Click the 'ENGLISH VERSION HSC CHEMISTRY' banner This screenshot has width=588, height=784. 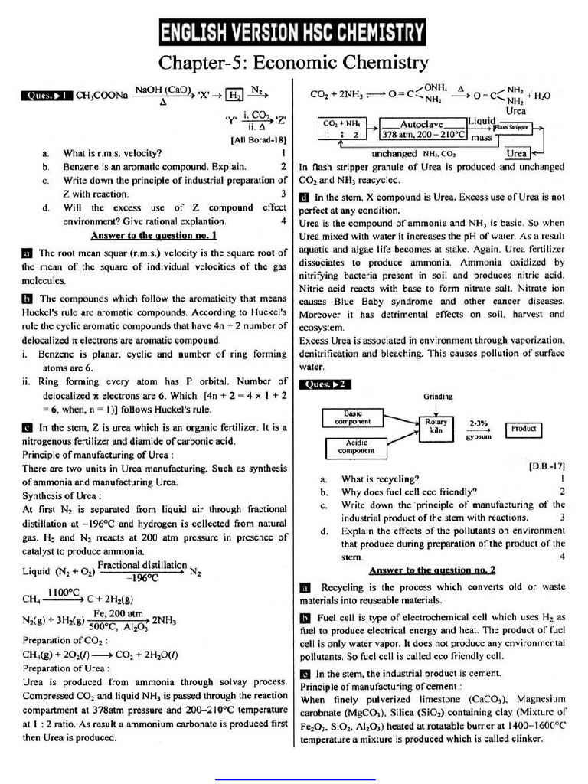[x=293, y=33]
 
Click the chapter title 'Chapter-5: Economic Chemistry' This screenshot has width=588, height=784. [x=293, y=61]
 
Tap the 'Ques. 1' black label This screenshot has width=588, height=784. [x=47, y=96]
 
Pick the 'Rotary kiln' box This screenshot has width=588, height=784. [x=433, y=426]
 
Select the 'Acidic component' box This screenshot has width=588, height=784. [x=356, y=446]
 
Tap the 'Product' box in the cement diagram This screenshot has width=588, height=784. [x=524, y=429]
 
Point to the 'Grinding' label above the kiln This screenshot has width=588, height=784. [x=437, y=397]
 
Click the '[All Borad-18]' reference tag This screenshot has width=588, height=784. [x=258, y=140]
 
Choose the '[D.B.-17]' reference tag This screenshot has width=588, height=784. [x=547, y=465]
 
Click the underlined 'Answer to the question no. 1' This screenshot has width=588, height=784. [x=154, y=236]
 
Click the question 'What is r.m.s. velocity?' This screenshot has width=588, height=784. [x=113, y=152]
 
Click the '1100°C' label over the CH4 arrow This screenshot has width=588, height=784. [x=64, y=592]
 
